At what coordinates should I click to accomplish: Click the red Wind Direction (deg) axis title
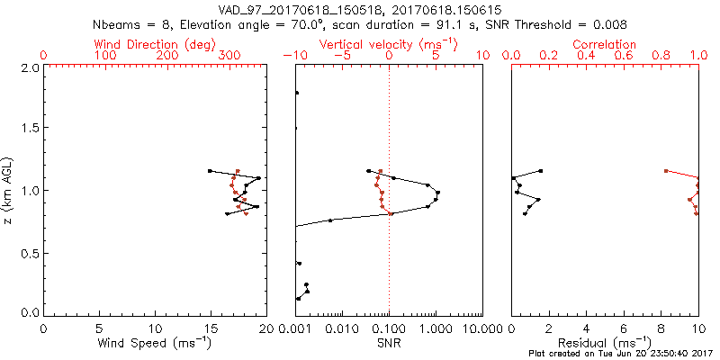(x=155, y=44)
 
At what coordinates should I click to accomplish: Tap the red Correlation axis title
(x=605, y=44)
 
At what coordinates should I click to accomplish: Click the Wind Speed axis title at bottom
(x=155, y=344)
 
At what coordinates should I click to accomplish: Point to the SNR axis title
(x=389, y=344)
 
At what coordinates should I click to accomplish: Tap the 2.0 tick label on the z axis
(x=30, y=68)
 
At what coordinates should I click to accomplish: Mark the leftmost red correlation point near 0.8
(x=665, y=170)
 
